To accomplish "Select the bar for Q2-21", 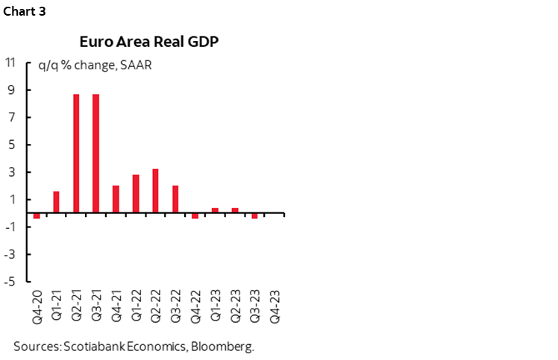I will [x=76, y=153].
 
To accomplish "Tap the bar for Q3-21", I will [x=96, y=153].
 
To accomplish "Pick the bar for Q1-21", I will [x=56, y=201].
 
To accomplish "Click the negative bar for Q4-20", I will [x=36, y=215].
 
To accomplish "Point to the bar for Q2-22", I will [x=155, y=190].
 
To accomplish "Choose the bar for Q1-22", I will [x=136, y=193].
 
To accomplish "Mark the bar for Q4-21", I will [x=116, y=198].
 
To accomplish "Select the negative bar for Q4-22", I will [x=195, y=215].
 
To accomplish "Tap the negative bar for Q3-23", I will [x=254, y=215].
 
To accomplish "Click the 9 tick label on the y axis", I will [x=13, y=90].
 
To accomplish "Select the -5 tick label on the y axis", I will [x=10, y=282].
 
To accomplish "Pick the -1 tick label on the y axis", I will [x=10, y=227].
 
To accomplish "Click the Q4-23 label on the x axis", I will [x=275, y=305].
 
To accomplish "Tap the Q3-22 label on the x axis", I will [x=175, y=305].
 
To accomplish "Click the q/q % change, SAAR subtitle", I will [x=89, y=65].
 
